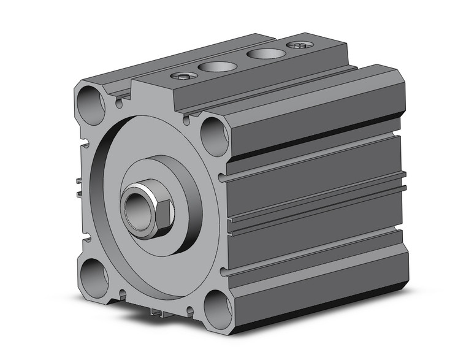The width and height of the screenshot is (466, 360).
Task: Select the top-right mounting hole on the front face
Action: [215, 136]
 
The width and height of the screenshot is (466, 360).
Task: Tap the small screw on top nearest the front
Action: [184, 76]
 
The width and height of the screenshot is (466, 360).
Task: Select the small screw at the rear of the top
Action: [300, 45]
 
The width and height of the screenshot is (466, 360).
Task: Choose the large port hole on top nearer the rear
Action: [266, 53]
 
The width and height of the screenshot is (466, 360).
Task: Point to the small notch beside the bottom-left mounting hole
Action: [121, 296]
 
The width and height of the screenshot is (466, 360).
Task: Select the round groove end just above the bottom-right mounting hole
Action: [224, 270]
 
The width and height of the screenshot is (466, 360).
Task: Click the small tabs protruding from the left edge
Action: [80, 187]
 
